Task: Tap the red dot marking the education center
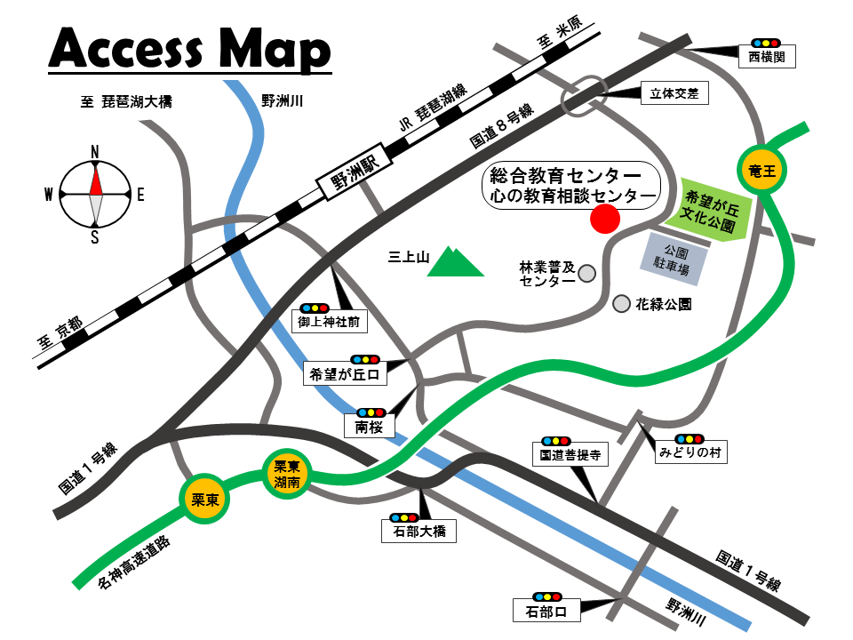point(605,218)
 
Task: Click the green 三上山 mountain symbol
point(455,262)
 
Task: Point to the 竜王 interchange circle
point(761,169)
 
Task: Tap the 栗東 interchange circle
point(205,498)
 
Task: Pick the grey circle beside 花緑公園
point(621,304)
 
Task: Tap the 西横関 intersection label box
point(766,58)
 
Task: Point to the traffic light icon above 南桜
point(370,412)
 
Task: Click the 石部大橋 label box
point(419,532)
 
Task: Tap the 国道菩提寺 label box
point(570,456)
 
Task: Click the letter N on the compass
point(95,151)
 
